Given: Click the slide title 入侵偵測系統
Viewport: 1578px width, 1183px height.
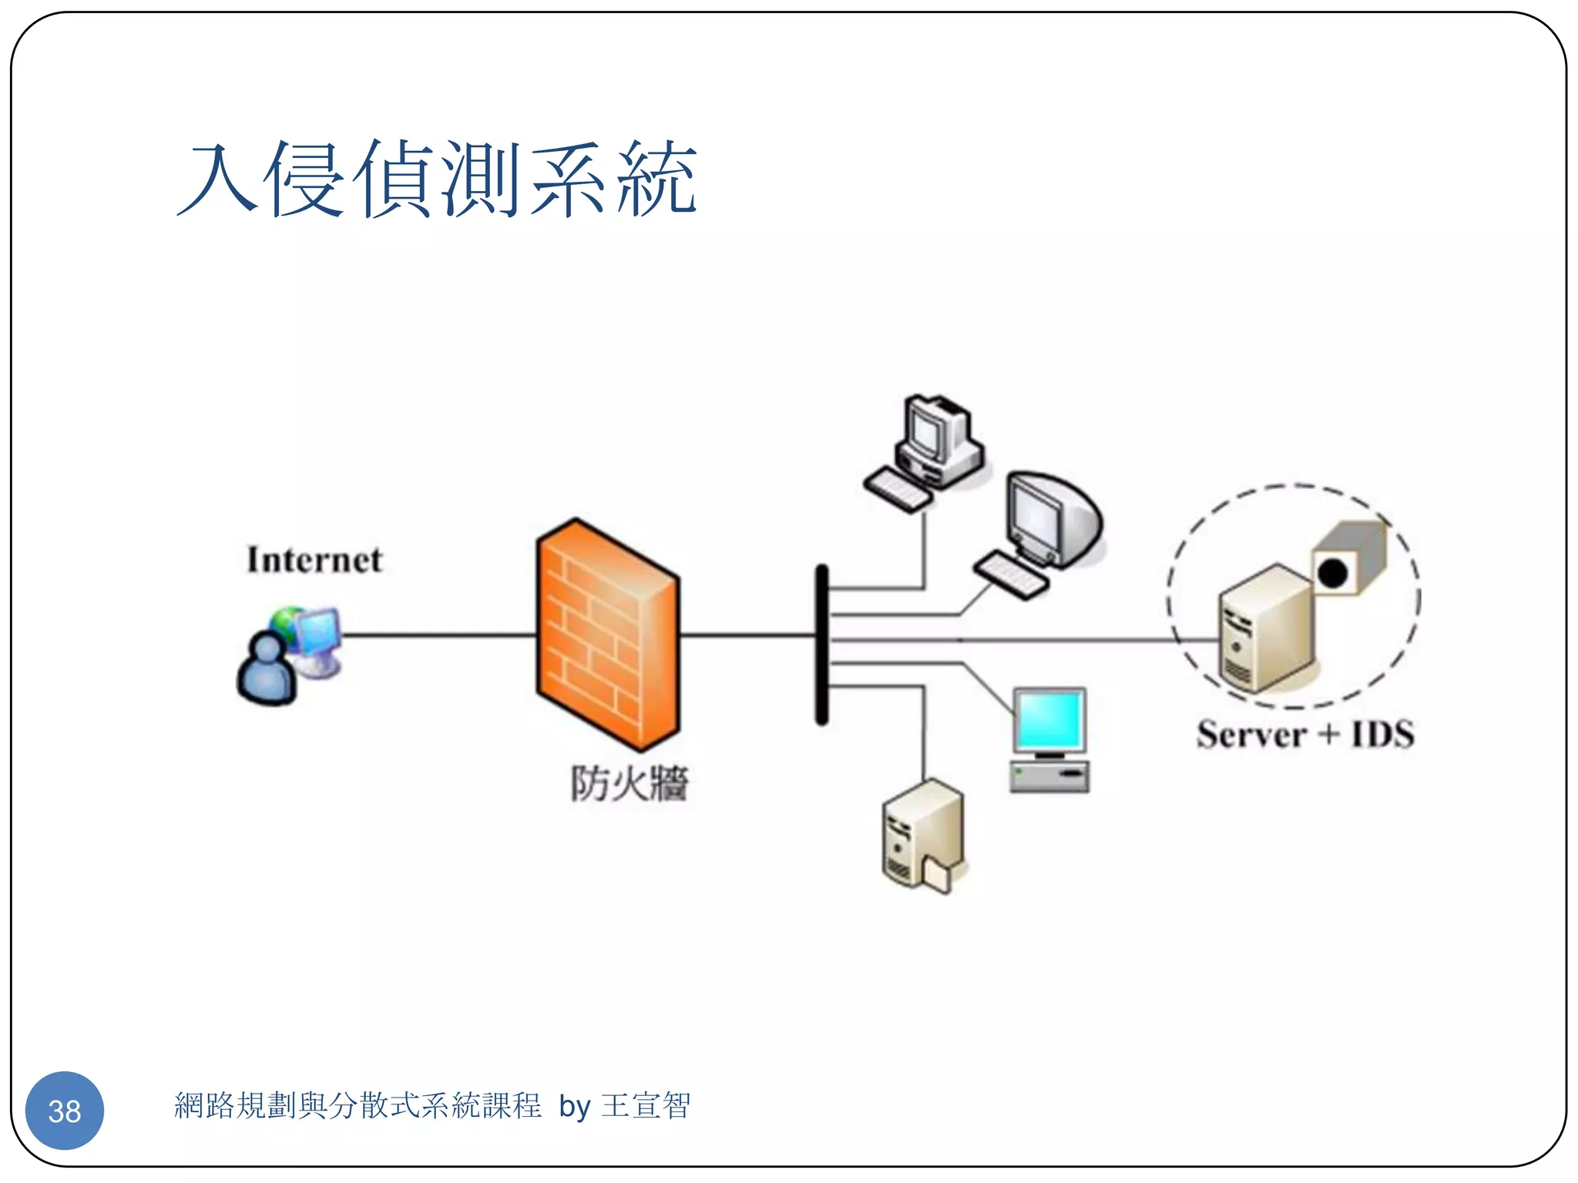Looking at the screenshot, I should (437, 179).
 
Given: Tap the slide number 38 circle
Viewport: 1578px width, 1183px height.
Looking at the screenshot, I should (65, 1110).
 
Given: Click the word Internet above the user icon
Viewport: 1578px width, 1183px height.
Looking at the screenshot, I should (314, 560).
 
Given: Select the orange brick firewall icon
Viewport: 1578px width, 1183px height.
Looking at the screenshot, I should (607, 634).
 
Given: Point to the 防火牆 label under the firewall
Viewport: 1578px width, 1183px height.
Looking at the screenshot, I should (629, 784).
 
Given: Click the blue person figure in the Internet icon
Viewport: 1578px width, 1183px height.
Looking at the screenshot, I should (267, 670).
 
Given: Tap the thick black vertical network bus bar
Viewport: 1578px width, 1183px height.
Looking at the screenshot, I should (822, 645).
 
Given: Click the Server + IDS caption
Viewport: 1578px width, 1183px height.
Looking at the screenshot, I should (1304, 734).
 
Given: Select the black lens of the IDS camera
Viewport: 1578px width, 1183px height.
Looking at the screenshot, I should (1332, 573).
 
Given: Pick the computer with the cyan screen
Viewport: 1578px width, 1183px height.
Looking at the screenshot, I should (1049, 738).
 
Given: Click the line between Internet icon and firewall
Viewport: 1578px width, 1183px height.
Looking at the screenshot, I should (439, 635).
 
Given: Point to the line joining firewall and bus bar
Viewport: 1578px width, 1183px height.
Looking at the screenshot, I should (747, 635).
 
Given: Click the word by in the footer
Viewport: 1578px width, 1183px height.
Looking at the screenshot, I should (574, 1107).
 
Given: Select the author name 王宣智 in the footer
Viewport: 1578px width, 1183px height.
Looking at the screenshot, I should (646, 1106).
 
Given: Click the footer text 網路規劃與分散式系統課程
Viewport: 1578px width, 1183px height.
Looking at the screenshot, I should (358, 1106).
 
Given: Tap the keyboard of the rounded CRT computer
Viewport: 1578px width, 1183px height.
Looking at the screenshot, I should (1011, 575).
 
